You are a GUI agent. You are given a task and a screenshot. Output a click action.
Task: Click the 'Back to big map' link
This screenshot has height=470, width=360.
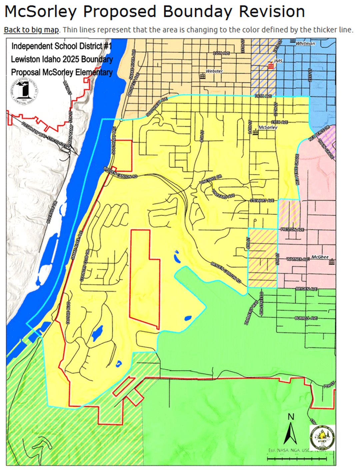31,30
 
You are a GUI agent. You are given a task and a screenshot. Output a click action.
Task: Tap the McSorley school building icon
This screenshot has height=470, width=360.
255,133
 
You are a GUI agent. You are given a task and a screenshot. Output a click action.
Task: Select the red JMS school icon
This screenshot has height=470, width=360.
271,66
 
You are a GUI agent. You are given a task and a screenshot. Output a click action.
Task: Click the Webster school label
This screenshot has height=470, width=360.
214,71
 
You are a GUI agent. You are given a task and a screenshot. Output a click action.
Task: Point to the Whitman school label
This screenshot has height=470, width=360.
305,43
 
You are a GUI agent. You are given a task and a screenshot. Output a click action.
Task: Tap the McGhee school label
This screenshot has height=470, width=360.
320,257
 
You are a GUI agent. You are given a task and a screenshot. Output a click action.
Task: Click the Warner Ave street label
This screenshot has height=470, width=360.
298,259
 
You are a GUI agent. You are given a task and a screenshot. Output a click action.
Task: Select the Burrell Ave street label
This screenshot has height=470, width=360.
306,318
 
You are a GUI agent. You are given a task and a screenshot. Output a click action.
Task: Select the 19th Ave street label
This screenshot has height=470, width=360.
279,122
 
